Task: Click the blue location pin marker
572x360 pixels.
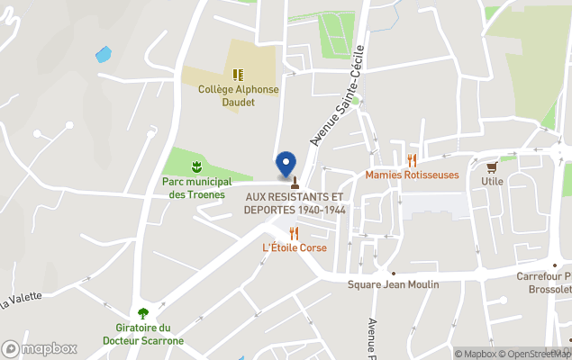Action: coord(286,163)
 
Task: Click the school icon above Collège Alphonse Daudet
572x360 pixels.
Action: coord(238,76)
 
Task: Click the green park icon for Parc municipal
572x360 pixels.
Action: coord(195,166)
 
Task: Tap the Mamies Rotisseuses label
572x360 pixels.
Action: coord(412,175)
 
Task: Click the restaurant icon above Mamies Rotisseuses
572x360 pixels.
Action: coord(412,160)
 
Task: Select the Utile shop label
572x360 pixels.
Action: coord(492,181)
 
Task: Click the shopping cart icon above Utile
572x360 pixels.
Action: coord(492,166)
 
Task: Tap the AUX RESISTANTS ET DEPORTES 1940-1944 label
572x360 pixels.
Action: coord(294,203)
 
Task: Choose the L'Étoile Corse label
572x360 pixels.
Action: coord(294,247)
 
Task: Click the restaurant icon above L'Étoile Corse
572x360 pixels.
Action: coord(294,232)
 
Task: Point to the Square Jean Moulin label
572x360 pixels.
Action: coord(394,284)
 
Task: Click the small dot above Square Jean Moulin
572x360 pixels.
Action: coord(393,273)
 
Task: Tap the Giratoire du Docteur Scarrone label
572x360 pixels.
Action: coord(150,334)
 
